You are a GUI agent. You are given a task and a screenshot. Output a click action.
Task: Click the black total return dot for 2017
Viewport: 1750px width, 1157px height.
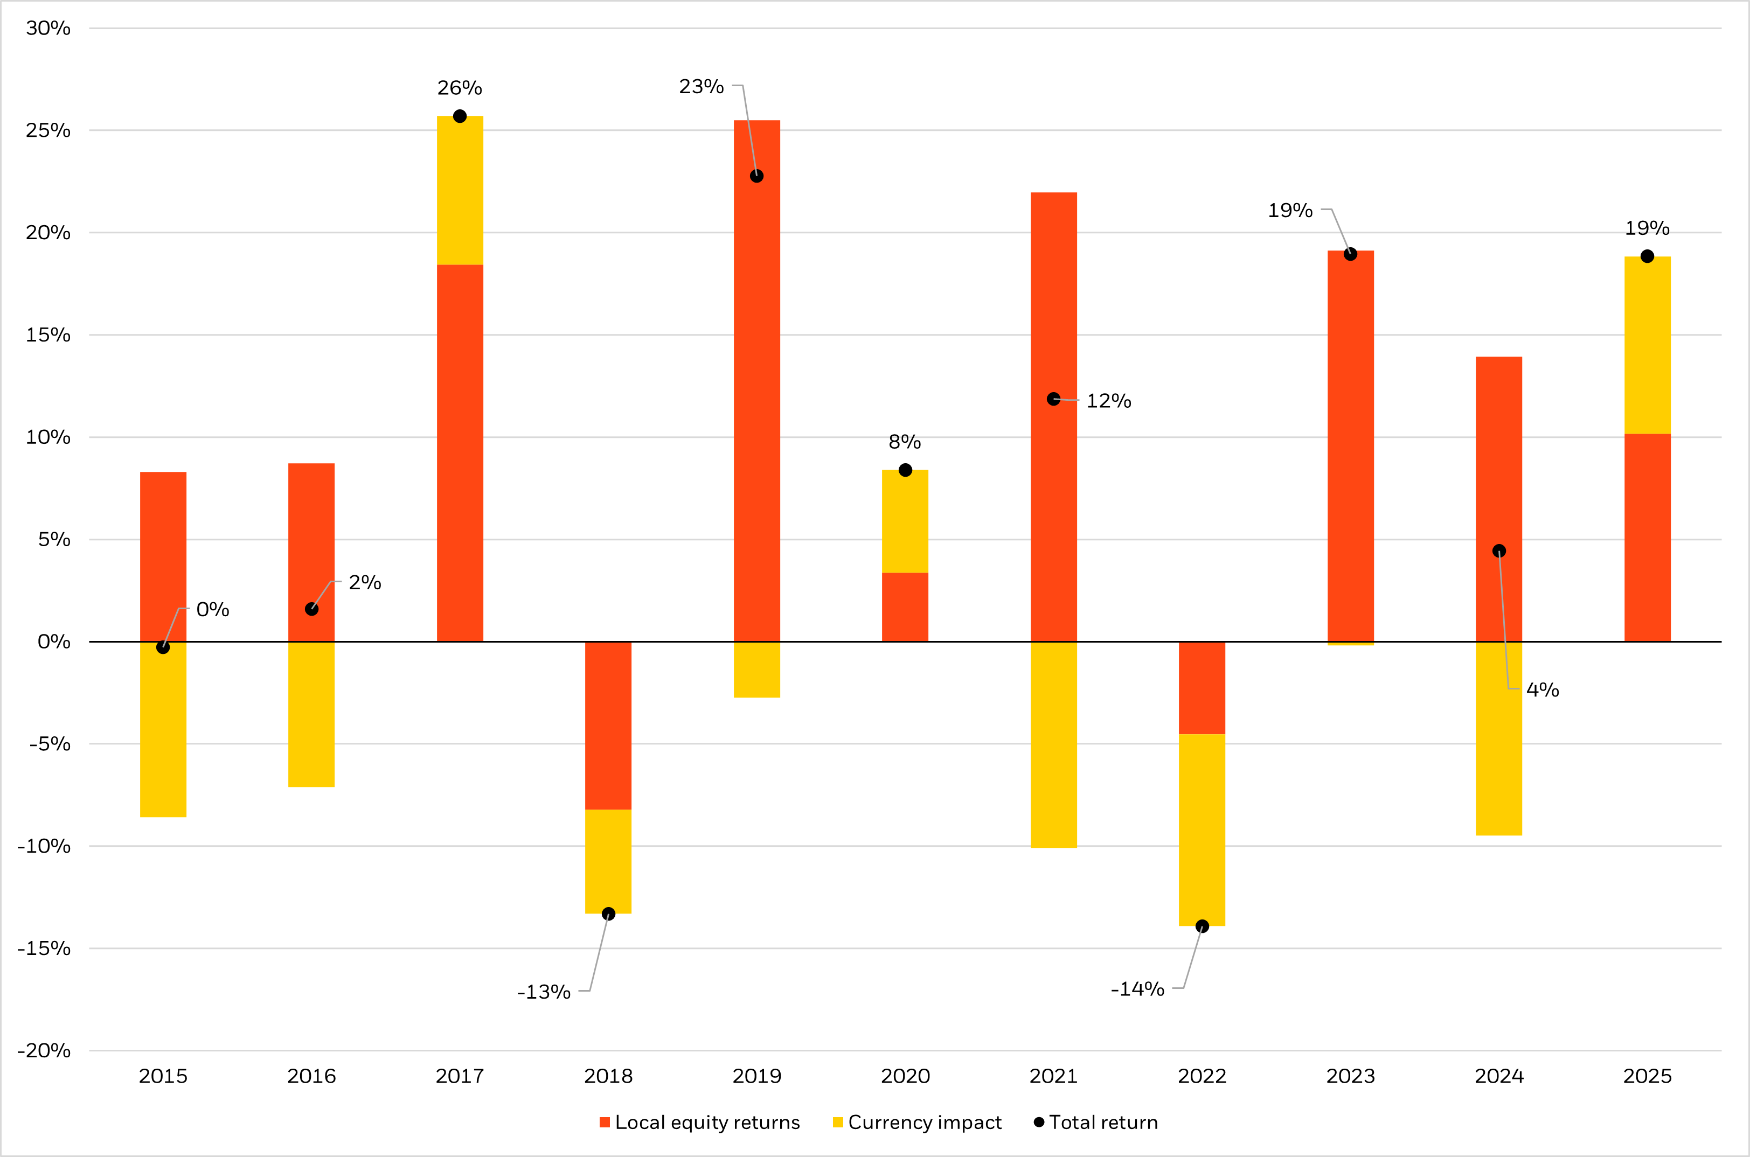460,116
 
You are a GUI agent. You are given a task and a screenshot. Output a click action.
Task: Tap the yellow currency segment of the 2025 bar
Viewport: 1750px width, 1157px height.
1648,345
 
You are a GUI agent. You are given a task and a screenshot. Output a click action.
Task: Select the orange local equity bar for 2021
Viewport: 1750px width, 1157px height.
1053,295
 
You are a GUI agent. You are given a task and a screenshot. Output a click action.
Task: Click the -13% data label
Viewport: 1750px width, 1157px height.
544,992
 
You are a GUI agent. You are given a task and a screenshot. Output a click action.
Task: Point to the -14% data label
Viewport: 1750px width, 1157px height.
1137,989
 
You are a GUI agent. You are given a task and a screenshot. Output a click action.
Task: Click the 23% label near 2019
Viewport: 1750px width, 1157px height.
701,86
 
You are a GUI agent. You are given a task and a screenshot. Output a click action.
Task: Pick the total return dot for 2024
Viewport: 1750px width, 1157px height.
1499,551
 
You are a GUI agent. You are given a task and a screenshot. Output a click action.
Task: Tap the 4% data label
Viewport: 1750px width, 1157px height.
1543,690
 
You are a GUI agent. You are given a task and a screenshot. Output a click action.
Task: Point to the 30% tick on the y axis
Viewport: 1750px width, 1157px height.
48,28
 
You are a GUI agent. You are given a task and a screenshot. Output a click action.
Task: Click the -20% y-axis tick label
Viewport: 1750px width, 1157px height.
44,1051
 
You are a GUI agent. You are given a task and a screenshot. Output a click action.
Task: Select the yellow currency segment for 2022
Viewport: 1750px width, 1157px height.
1202,830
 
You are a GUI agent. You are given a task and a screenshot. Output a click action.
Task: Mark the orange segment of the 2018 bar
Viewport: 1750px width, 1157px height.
608,726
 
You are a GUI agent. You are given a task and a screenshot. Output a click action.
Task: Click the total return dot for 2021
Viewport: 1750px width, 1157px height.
1053,399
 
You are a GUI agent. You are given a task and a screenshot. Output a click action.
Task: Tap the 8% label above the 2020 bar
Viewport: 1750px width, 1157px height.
905,442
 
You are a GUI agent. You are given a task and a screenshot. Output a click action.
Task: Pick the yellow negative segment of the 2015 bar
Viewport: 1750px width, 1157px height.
163,730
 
